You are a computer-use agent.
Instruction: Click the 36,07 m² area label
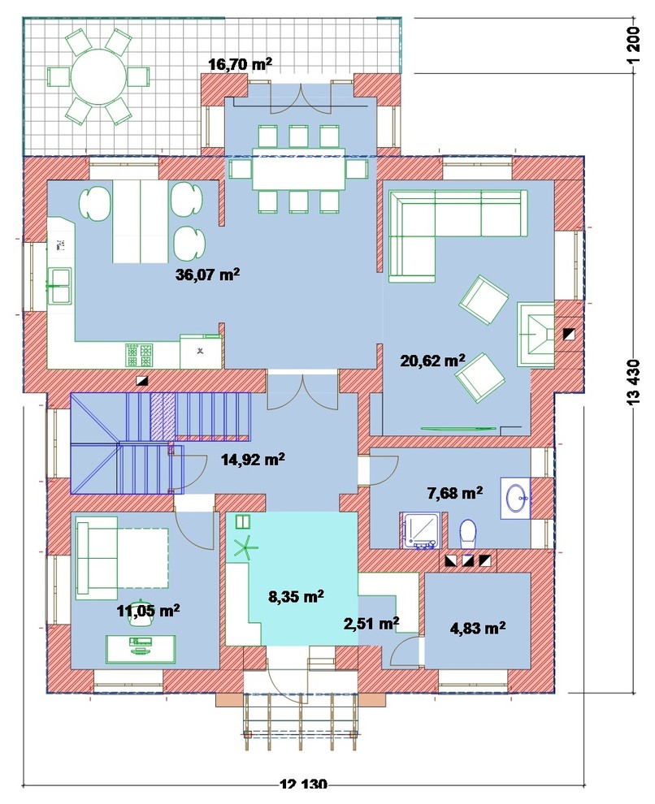tap(208, 274)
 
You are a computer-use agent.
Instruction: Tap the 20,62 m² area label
tap(432, 361)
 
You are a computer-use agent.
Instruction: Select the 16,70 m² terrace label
tap(240, 64)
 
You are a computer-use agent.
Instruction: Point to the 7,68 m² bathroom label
tap(454, 493)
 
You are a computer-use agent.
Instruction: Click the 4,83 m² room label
tap(478, 628)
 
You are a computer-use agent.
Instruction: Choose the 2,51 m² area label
tap(371, 624)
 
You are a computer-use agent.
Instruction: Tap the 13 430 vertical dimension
tap(634, 383)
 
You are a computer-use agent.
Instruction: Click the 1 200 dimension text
tap(634, 45)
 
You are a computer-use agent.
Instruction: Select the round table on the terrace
tap(98, 77)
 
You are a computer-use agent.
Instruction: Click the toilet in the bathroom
tap(467, 534)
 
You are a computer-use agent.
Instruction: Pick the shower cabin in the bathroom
tap(421, 530)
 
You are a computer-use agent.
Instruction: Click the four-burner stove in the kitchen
tap(139, 355)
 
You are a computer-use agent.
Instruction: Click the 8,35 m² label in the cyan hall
tap(296, 596)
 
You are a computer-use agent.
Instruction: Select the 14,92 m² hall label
tap(253, 459)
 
